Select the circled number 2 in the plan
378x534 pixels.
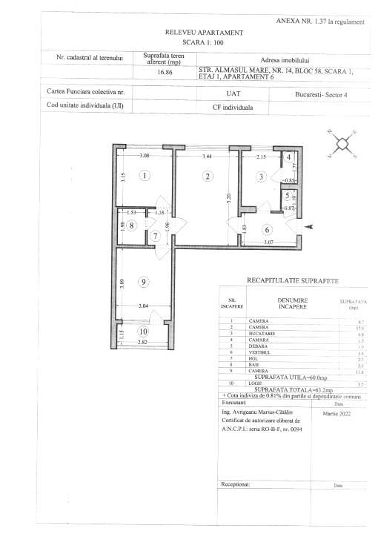(208, 176)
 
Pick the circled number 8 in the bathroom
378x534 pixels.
(130, 225)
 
